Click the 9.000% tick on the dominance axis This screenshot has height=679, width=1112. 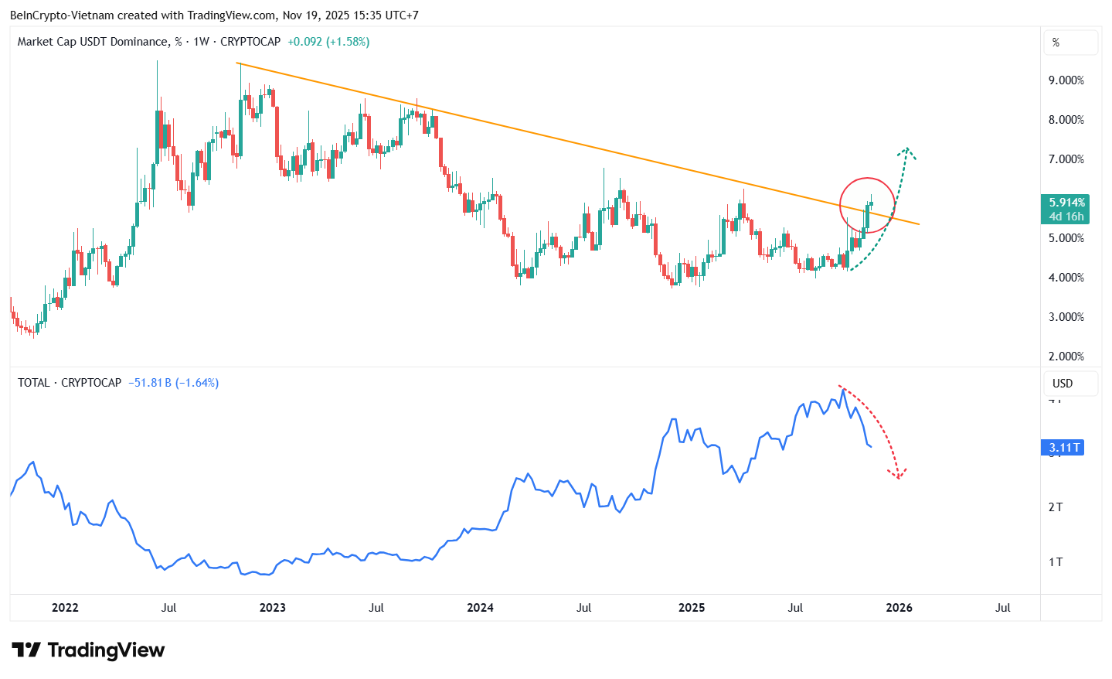coord(1066,80)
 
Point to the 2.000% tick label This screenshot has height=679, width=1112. coord(1066,357)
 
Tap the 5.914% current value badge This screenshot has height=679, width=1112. coord(1066,203)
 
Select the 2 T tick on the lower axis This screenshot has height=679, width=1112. coord(1055,507)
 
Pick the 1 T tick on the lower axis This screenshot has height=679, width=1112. coord(1055,562)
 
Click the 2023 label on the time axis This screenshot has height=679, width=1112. coord(272,608)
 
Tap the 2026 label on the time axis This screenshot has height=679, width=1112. coord(899,608)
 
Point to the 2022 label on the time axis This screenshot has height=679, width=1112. coord(65,608)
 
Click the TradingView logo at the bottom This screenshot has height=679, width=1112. coord(88,650)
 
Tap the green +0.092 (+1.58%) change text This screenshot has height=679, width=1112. coord(328,42)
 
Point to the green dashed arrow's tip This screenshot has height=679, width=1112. coord(906,148)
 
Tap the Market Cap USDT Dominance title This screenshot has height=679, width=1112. coord(93,42)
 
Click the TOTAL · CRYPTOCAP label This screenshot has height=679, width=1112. coord(70,383)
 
